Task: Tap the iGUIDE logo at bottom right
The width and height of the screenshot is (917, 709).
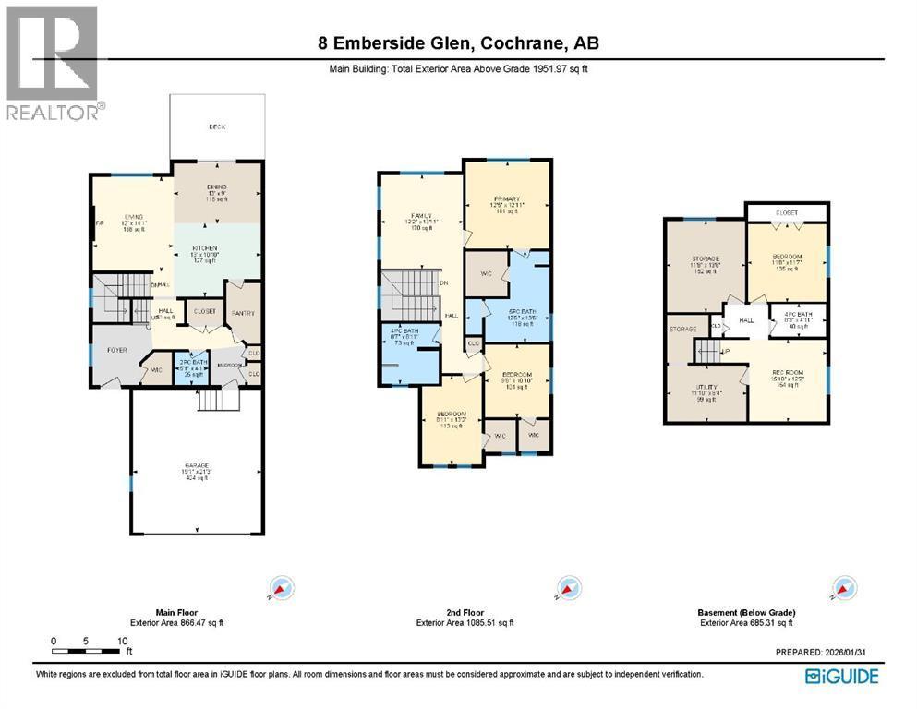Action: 841,677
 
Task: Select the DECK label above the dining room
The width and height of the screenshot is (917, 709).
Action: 217,126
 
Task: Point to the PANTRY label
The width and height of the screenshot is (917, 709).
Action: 244,314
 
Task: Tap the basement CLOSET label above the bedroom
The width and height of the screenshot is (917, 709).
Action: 787,212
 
